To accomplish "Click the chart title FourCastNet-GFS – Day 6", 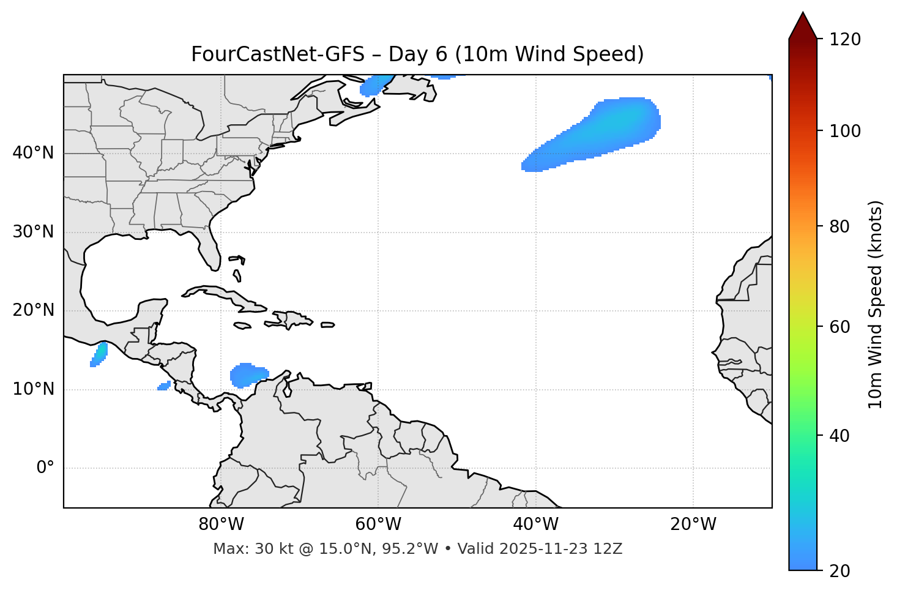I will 417,54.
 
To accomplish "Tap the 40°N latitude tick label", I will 33,153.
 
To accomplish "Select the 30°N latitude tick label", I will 33,232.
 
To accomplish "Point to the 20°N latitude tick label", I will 33,310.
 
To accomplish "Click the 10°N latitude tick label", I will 33,389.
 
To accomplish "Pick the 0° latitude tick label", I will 45,468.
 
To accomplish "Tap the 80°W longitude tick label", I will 221,524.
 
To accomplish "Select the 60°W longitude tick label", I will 378,524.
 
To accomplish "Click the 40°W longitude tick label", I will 535,524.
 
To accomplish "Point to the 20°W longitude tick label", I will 693,524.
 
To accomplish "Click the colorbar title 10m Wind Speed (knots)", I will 876,304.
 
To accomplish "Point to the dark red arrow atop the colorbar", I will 803,26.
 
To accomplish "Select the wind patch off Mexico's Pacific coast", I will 99,354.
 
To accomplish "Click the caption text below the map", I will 417,549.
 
